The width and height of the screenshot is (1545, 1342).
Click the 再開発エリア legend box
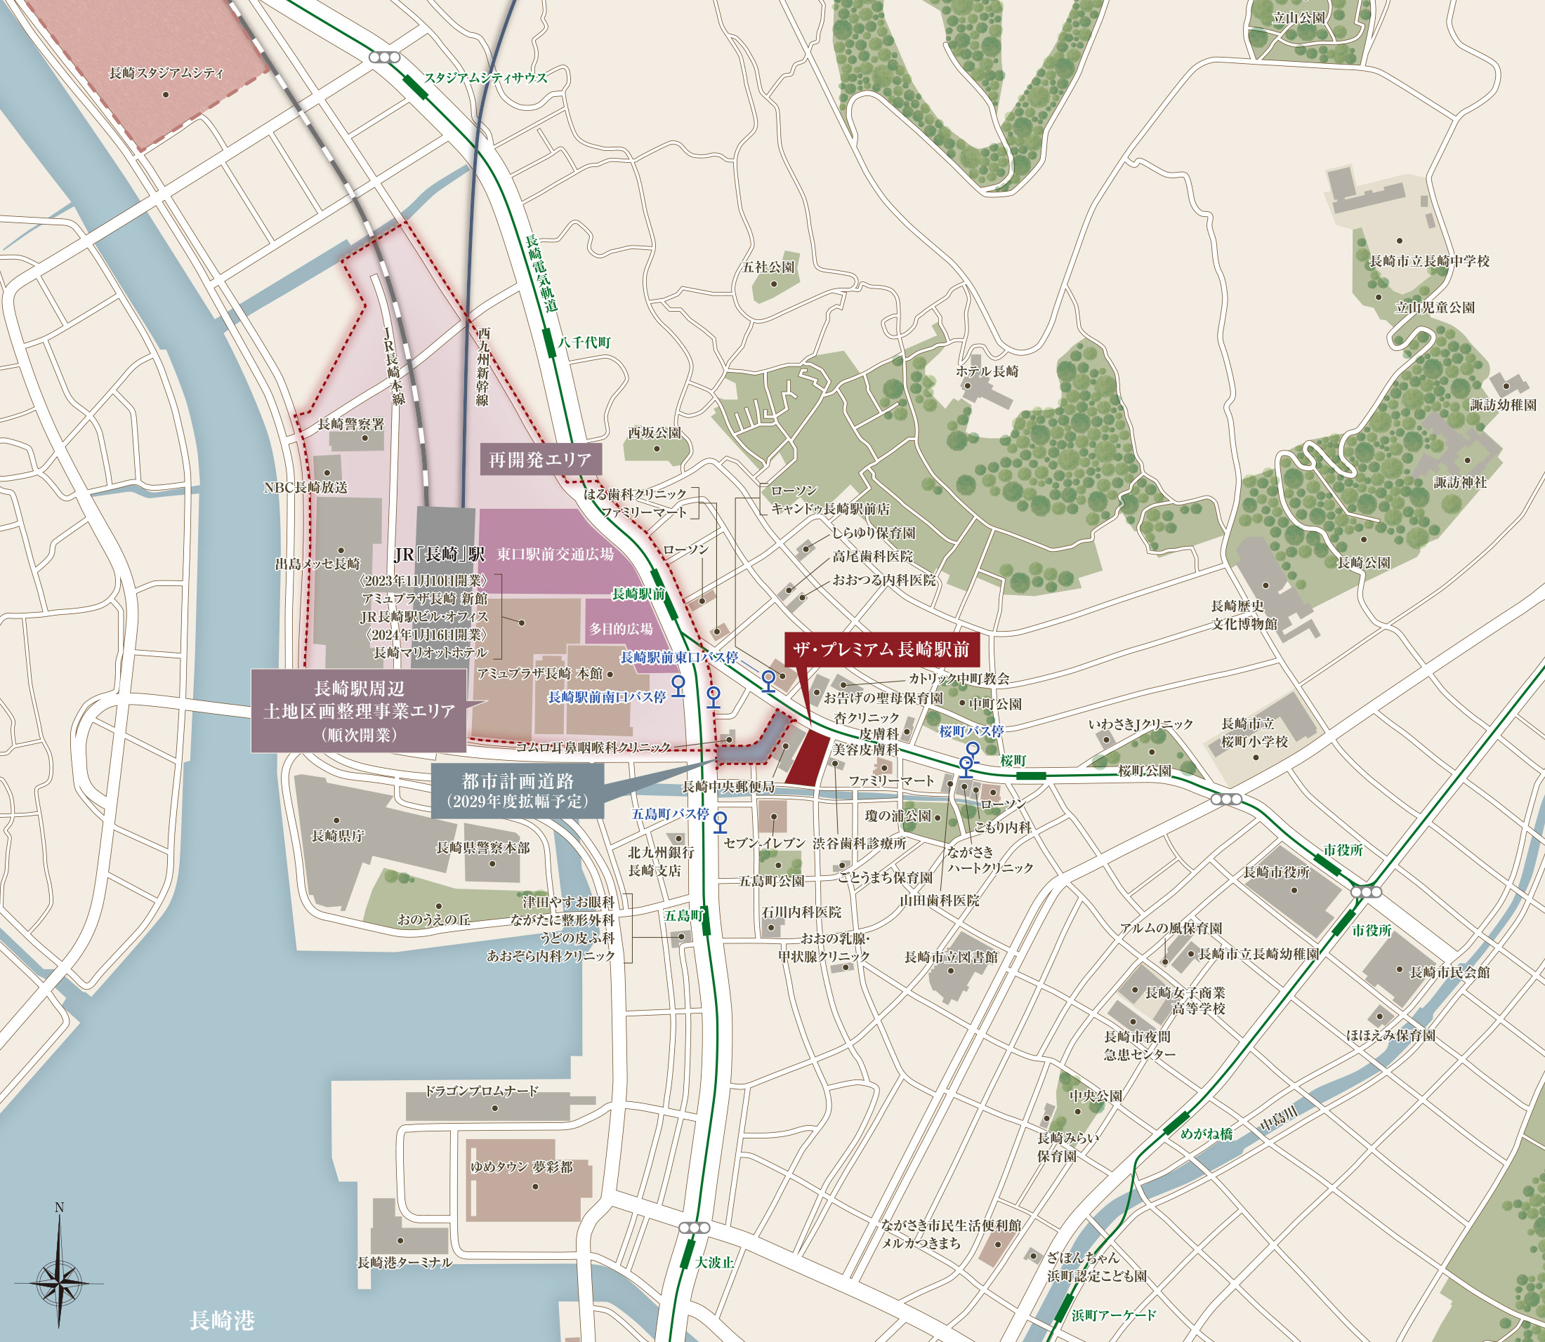click(539, 460)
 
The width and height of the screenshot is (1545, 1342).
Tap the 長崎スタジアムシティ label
click(166, 74)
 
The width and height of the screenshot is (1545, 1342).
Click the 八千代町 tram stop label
click(584, 343)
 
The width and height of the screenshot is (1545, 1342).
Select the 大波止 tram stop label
click(714, 1262)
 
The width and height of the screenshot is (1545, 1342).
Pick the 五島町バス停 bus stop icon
click(720, 821)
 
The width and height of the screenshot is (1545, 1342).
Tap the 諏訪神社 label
click(1459, 482)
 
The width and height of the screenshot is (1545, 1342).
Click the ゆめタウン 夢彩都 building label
click(522, 1167)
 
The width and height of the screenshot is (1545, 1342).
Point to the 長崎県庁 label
click(337, 836)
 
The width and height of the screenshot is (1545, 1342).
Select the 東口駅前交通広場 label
click(555, 554)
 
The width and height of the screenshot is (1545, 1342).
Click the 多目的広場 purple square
click(620, 629)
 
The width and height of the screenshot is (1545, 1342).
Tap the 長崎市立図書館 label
click(950, 957)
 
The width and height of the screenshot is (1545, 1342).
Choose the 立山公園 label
click(1299, 18)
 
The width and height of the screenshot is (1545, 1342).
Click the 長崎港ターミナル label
click(404, 1263)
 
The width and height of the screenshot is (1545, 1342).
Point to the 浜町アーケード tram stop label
click(1113, 1315)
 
